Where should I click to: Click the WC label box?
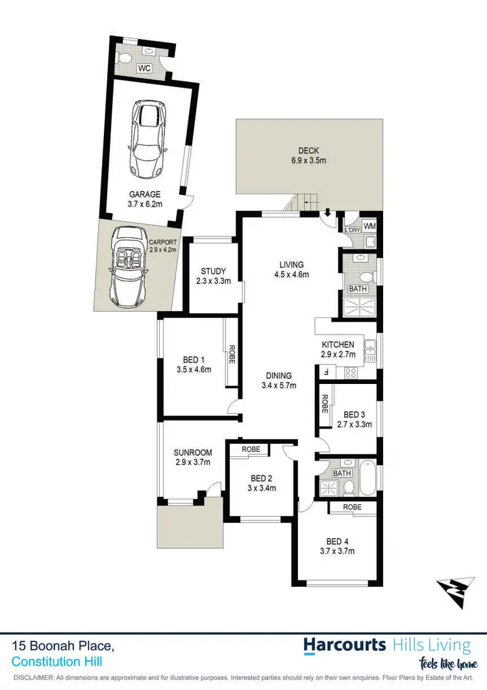145,67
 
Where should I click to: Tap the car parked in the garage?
149,138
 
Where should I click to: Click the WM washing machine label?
369,226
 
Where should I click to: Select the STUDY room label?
212,271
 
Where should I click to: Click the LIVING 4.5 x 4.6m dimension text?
292,274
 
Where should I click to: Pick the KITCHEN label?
338,344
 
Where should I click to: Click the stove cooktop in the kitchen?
351,373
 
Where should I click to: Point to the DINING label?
279,376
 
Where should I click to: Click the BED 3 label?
355,415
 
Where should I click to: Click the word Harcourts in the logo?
345,645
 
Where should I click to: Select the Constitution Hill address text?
56,661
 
